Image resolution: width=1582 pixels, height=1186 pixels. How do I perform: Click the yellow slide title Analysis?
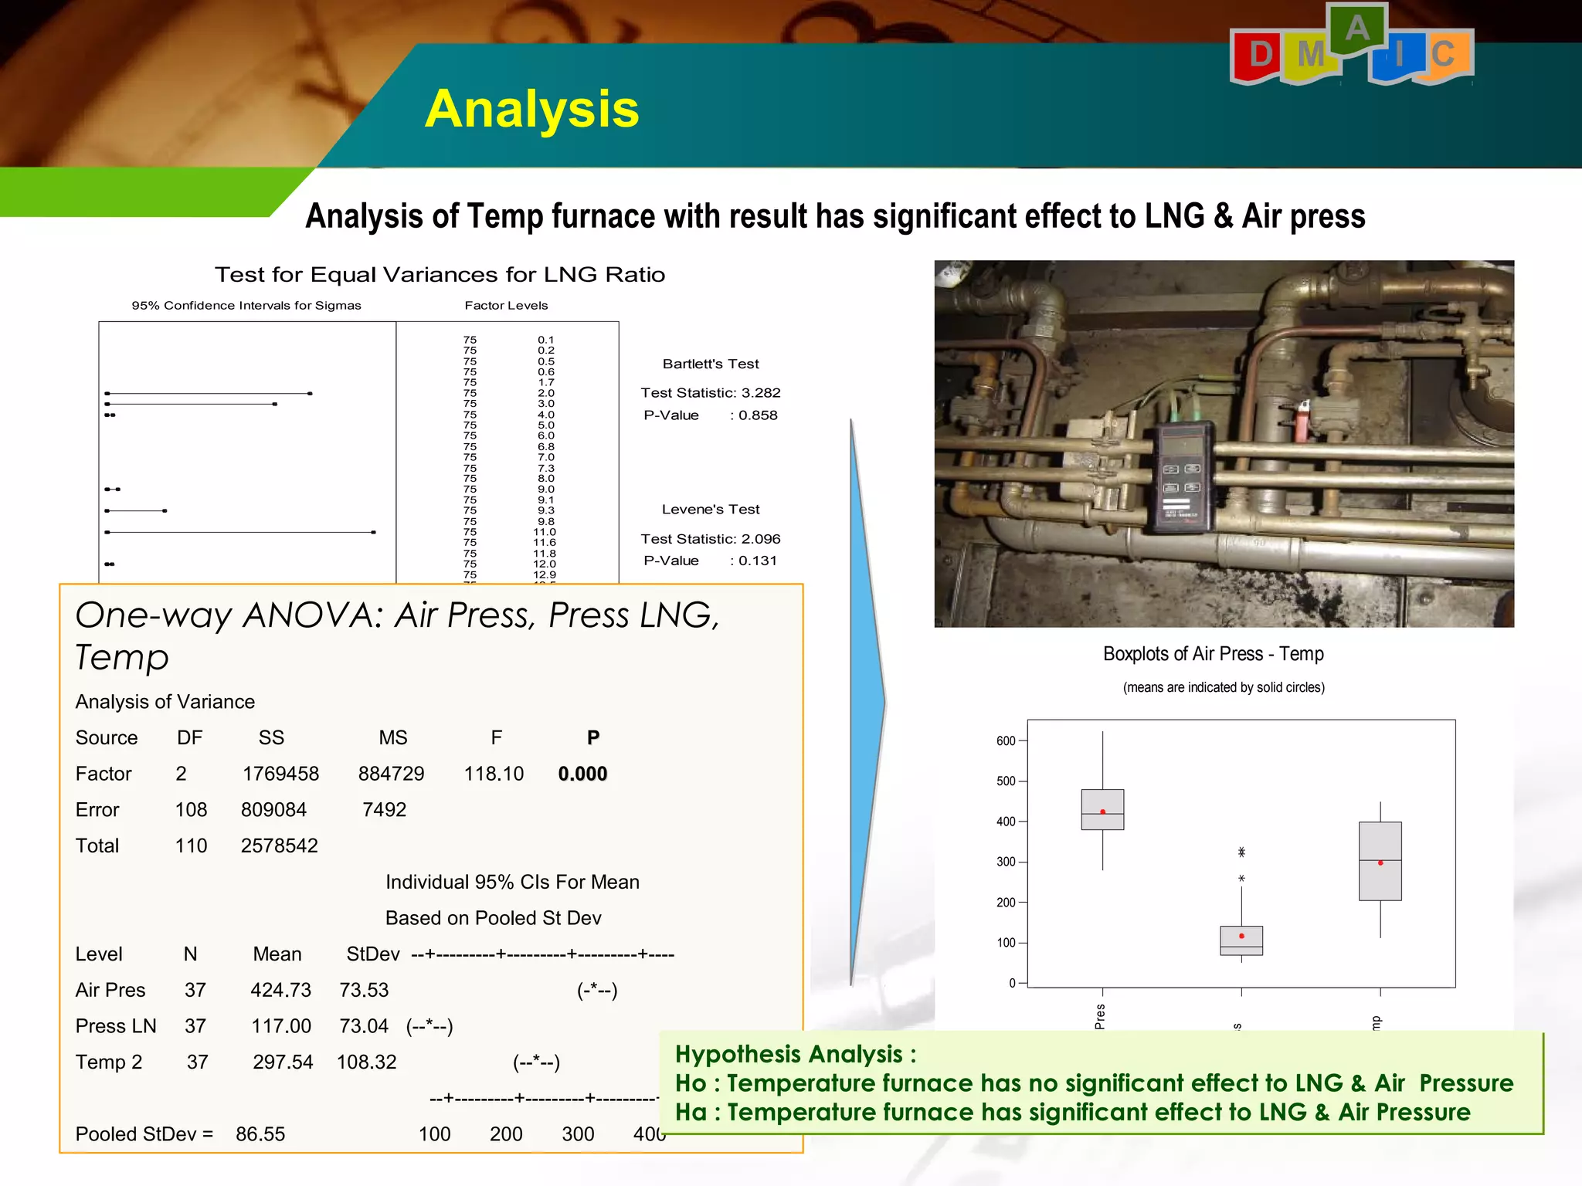pyautogui.click(x=531, y=109)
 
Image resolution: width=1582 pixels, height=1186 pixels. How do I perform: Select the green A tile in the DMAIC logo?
pyautogui.click(x=1356, y=29)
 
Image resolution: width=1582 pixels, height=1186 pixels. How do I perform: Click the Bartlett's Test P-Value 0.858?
pyautogui.click(x=758, y=415)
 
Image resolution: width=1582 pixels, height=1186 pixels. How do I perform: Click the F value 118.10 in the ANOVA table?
pyautogui.click(x=494, y=774)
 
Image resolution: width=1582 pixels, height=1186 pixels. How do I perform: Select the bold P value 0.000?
pyautogui.click(x=582, y=774)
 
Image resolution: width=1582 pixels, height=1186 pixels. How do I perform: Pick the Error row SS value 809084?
pyautogui.click(x=273, y=810)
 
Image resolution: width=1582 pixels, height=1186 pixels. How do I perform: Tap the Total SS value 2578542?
pyautogui.click(x=279, y=846)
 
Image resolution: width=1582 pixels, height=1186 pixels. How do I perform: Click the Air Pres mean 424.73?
pyautogui.click(x=280, y=991)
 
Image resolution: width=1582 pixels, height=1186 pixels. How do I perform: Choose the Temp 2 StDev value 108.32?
pyautogui.click(x=366, y=1062)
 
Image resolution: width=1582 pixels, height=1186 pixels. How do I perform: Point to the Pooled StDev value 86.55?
pyautogui.click(x=260, y=1134)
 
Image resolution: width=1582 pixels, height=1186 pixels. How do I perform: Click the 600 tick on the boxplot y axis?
pyautogui.click(x=1006, y=741)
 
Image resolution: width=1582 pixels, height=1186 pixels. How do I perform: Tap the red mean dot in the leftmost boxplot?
pyautogui.click(x=1102, y=812)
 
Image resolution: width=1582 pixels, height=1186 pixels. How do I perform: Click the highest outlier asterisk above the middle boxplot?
pyautogui.click(x=1241, y=852)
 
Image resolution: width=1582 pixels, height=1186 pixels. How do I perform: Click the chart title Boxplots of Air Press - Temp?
pyautogui.click(x=1213, y=654)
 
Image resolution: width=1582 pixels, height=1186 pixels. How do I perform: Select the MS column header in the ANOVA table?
pyautogui.click(x=392, y=738)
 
